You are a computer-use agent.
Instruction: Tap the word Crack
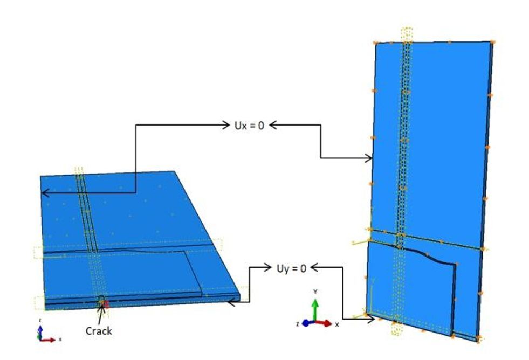pos(99,331)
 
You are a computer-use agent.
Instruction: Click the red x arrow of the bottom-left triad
pos(50,340)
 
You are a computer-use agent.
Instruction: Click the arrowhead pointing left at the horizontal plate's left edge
pos(43,192)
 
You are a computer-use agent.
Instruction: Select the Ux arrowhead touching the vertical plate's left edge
pos(370,158)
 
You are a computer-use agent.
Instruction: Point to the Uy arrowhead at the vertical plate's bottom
pos(372,319)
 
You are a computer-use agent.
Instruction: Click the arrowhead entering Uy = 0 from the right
pos(314,267)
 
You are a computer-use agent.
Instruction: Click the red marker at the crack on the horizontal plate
pos(106,304)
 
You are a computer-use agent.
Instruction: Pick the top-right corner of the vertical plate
pos(492,42)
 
